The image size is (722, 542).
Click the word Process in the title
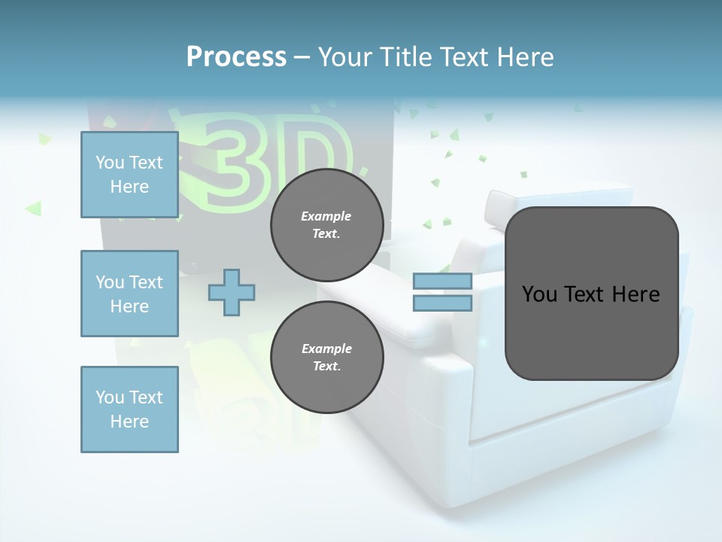[236, 57]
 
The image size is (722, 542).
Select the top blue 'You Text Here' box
[129, 175]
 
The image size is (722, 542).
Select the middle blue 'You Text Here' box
[129, 294]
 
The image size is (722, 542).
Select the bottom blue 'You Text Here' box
[129, 410]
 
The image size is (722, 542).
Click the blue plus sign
[232, 292]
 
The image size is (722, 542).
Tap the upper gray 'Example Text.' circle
[326, 224]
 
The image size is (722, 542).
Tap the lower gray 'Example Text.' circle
[326, 357]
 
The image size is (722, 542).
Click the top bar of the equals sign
[442, 281]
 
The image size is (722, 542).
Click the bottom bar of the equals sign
[442, 303]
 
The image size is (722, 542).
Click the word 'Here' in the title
[525, 57]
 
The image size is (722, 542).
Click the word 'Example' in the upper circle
[326, 216]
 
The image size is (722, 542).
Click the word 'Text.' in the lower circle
[326, 366]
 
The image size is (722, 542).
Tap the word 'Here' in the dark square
[636, 294]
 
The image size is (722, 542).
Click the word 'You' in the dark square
[539, 294]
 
